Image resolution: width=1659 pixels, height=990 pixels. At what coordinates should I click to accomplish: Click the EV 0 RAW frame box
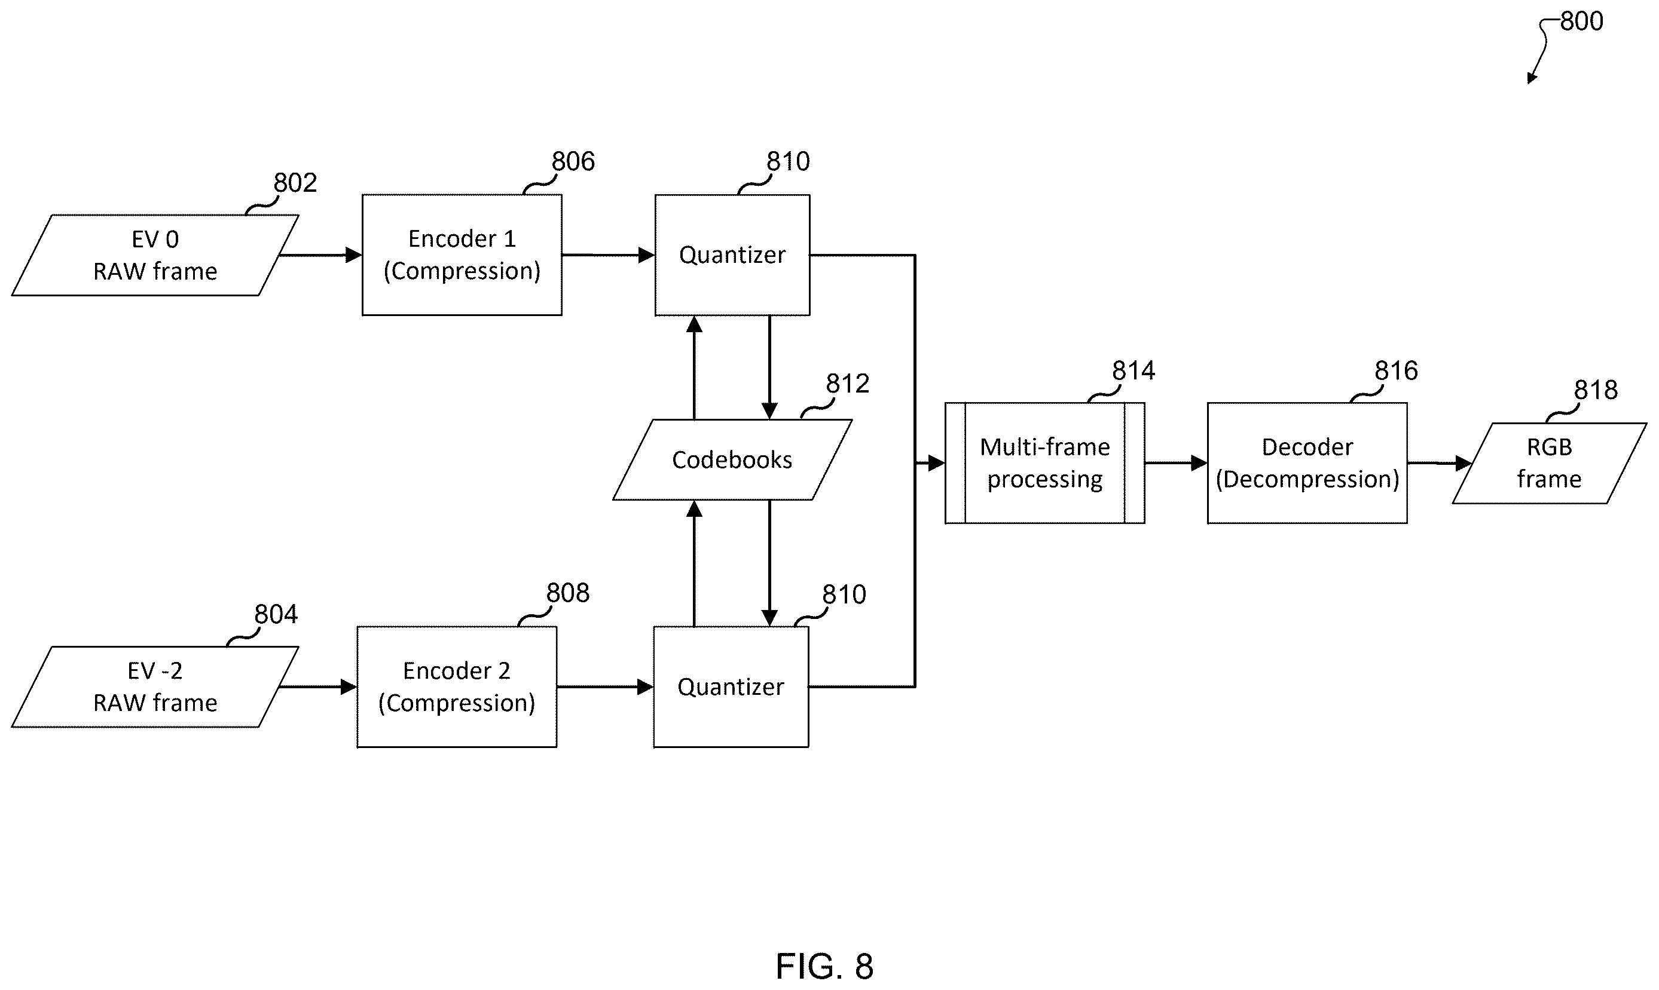(155, 255)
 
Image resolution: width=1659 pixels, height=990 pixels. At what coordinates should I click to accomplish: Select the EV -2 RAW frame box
(155, 686)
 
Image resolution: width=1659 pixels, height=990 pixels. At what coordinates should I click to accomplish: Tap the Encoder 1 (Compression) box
(462, 255)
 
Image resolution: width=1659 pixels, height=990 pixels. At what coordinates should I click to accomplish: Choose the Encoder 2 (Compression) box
(457, 686)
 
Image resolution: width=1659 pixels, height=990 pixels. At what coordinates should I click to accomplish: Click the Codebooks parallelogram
(732, 459)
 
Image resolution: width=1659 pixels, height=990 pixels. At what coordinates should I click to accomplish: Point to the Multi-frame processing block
(1044, 463)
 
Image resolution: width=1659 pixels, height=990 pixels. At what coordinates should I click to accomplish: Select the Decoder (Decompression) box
(1307, 463)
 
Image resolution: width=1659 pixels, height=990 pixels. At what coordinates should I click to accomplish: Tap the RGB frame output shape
(1550, 463)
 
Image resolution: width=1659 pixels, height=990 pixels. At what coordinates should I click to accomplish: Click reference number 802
(295, 183)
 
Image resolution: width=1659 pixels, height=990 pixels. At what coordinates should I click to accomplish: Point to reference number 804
(276, 614)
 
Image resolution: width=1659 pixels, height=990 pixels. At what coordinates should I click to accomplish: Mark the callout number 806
(573, 161)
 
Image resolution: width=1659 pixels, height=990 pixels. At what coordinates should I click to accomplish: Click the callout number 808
(568, 593)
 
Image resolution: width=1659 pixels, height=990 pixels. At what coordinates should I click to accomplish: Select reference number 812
(848, 384)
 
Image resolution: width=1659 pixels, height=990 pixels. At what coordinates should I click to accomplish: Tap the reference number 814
(1133, 370)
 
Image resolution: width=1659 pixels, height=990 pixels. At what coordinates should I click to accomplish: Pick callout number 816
(1396, 370)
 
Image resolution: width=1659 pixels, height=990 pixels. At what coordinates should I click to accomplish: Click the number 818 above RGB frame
(1596, 390)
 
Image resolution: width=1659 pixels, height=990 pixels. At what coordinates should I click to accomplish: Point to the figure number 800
(1581, 22)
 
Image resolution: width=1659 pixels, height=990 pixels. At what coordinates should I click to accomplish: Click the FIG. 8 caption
(824, 966)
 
